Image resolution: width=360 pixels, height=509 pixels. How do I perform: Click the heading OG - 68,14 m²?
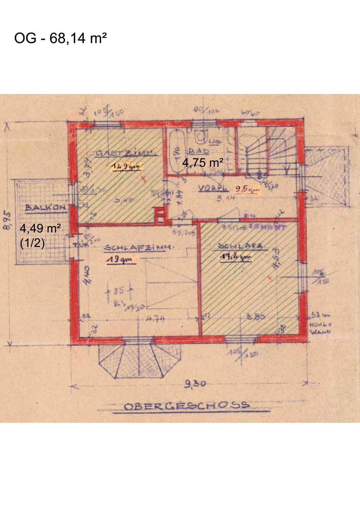60,38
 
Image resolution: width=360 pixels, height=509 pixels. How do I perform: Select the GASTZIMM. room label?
121,153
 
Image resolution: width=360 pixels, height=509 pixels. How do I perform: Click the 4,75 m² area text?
203,163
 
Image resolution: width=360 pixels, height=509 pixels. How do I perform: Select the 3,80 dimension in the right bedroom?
255,317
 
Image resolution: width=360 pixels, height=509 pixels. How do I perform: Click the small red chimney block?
160,216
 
